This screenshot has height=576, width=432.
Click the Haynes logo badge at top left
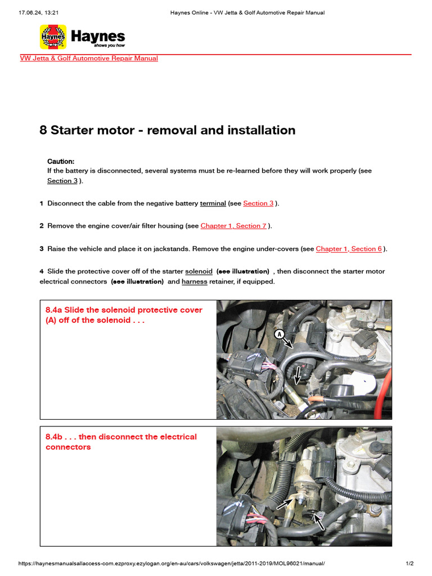point(53,37)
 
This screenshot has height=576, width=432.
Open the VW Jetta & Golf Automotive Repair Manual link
point(89,58)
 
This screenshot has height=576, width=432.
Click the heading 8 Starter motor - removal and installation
point(167,130)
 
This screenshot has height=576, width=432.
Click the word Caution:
point(61,161)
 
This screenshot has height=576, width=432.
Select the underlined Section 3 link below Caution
point(62,181)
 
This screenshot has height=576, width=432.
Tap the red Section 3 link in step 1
point(258,204)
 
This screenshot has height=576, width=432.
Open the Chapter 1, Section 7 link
point(233,226)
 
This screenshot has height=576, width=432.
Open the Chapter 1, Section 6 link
point(349,249)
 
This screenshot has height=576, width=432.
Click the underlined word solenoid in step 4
point(199,271)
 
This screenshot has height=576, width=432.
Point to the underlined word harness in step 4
point(194,281)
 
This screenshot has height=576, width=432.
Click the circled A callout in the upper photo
point(278,334)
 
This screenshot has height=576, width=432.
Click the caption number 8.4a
point(54,310)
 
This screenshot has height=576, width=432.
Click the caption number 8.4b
point(54,436)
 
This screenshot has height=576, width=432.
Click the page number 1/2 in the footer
point(409,563)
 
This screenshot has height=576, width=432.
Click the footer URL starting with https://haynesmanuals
point(172,563)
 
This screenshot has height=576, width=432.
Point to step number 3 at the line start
point(42,249)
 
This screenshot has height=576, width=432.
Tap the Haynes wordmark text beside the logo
point(98,37)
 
